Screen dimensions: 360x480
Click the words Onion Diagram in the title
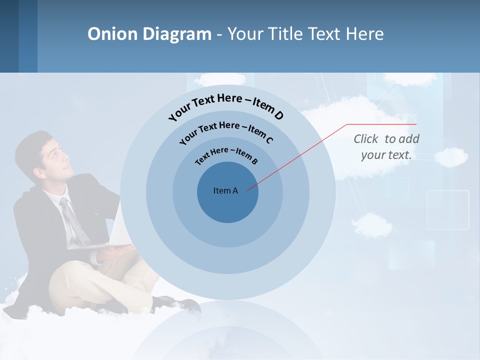[149, 34]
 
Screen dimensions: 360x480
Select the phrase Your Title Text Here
[305, 34]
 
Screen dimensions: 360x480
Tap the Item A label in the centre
[225, 190]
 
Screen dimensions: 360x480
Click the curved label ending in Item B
[226, 155]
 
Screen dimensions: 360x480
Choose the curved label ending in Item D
[226, 106]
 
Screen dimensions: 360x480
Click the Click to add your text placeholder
[386, 146]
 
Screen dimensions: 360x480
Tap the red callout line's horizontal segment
[381, 124]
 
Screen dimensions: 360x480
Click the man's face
[55, 159]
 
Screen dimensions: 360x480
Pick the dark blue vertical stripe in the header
[27, 36]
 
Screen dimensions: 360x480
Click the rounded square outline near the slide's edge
[448, 209]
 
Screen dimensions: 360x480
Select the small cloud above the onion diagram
[220, 78]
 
